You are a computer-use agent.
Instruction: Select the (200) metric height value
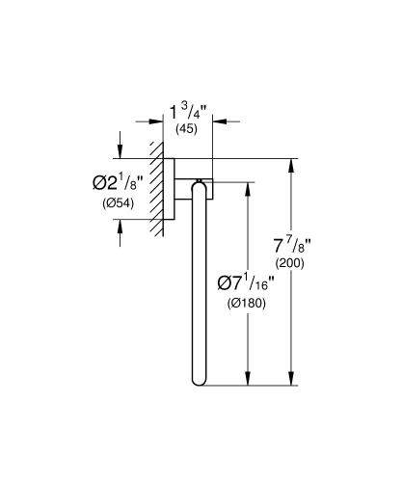pos(290,261)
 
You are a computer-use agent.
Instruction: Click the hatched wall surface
pos(155,188)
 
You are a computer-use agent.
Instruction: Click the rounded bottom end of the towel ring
pos(201,381)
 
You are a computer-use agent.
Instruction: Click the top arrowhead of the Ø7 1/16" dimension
pos(249,184)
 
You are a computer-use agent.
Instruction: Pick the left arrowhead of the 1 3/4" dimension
pos(155,121)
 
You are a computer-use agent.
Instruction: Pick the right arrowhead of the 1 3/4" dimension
pos(217,121)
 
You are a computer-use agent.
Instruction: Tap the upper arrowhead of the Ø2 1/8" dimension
pos(119,151)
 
